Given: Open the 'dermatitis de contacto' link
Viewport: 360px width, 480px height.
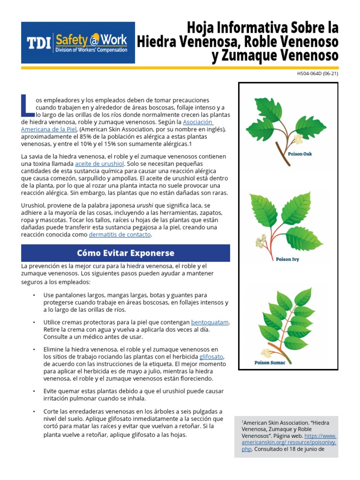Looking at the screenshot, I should (x=120, y=234).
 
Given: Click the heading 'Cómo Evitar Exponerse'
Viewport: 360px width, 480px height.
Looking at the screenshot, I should (x=126, y=253).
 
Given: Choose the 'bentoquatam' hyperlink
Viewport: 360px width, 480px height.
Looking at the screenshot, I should (x=210, y=322).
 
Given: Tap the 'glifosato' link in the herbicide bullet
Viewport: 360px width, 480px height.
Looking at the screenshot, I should (x=211, y=357).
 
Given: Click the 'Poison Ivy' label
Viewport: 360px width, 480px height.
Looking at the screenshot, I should (x=287, y=259).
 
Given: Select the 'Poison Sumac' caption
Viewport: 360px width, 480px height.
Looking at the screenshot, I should (x=270, y=362).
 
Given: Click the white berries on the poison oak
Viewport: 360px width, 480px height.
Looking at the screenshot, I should (x=296, y=139).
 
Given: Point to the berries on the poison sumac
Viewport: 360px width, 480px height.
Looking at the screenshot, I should (x=267, y=352).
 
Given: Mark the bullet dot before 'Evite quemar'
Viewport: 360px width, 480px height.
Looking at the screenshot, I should (x=34, y=391).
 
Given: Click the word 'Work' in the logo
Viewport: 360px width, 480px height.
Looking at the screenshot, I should (x=112, y=39).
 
